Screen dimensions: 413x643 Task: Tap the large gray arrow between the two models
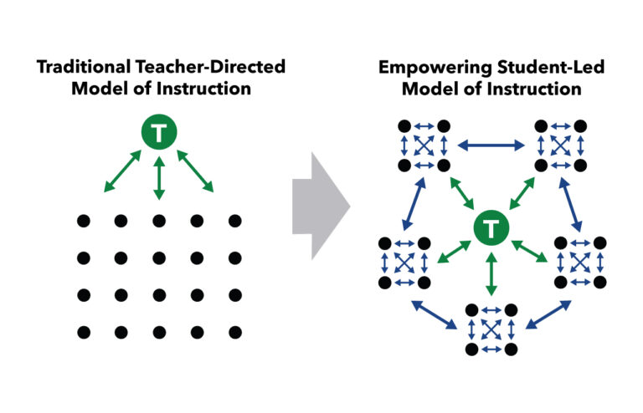(320, 205)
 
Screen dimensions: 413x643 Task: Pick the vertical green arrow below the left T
(157, 178)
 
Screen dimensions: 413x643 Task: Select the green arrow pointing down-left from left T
(122, 172)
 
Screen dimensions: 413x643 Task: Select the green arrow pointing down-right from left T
(194, 172)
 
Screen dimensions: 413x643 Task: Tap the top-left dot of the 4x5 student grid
(83, 222)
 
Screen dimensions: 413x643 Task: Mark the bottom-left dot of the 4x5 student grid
(83, 332)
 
